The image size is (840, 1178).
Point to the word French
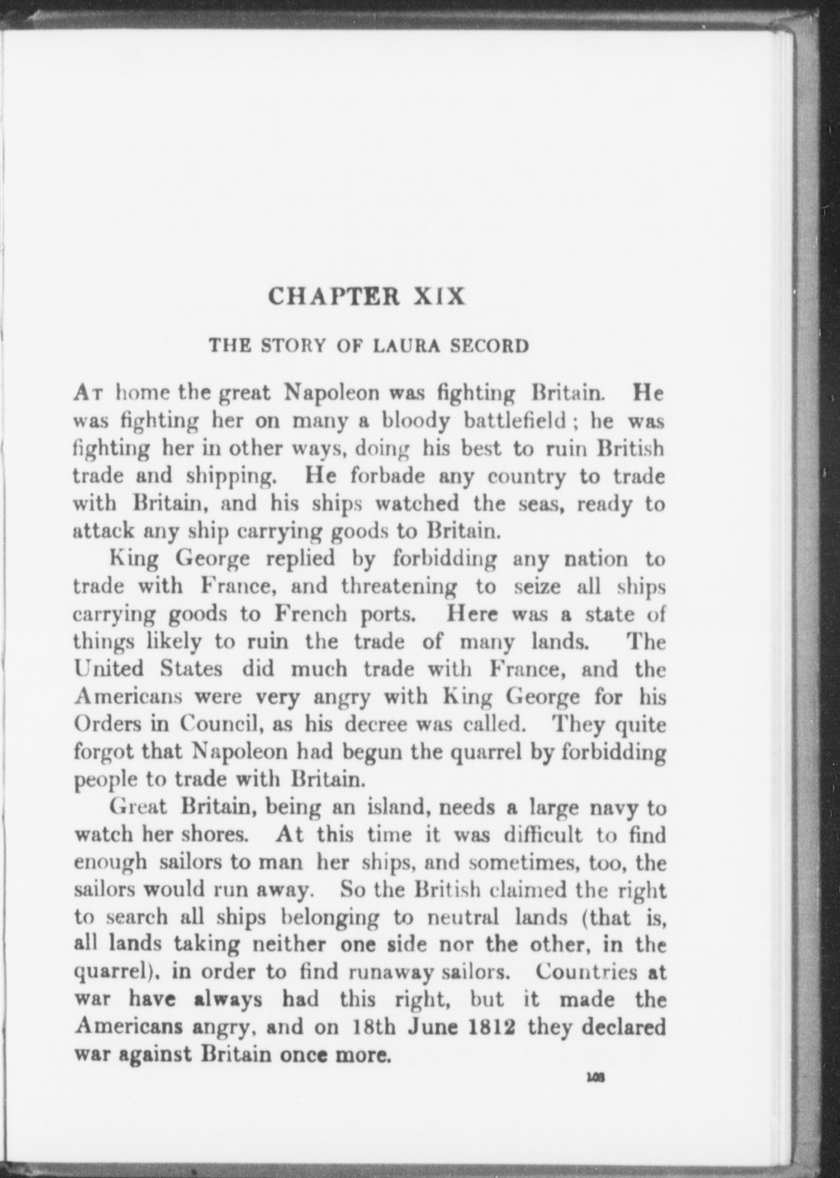[310, 614]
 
